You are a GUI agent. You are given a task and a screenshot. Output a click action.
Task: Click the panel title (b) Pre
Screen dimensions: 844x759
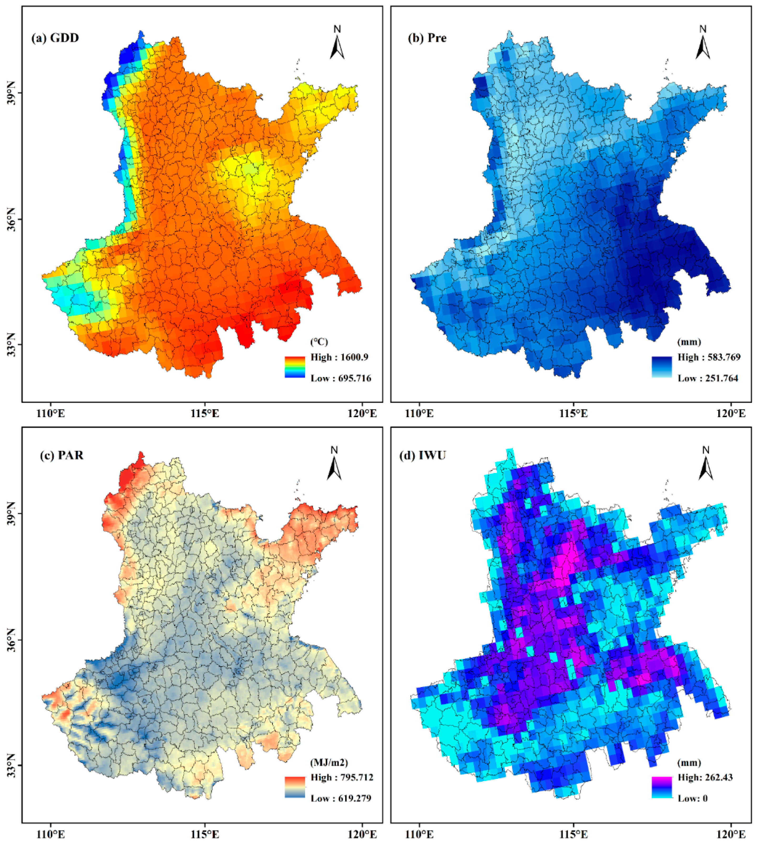click(x=426, y=38)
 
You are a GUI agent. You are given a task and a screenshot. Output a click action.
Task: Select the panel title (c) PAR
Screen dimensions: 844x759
click(x=61, y=455)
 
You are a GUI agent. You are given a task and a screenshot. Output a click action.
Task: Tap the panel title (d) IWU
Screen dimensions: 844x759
click(x=423, y=455)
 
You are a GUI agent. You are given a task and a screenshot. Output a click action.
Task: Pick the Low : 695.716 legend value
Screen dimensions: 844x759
click(x=340, y=378)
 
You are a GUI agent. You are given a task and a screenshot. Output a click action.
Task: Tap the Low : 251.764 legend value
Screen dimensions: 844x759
click(x=708, y=378)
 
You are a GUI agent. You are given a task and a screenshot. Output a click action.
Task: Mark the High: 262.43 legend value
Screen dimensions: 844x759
click(x=705, y=777)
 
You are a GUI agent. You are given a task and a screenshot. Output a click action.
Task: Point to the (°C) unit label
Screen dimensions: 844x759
click(x=319, y=342)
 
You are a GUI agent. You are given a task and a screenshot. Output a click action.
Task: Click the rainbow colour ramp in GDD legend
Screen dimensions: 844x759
click(x=295, y=367)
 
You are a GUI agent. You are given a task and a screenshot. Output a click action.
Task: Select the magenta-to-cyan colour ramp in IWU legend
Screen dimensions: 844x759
click(x=662, y=787)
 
